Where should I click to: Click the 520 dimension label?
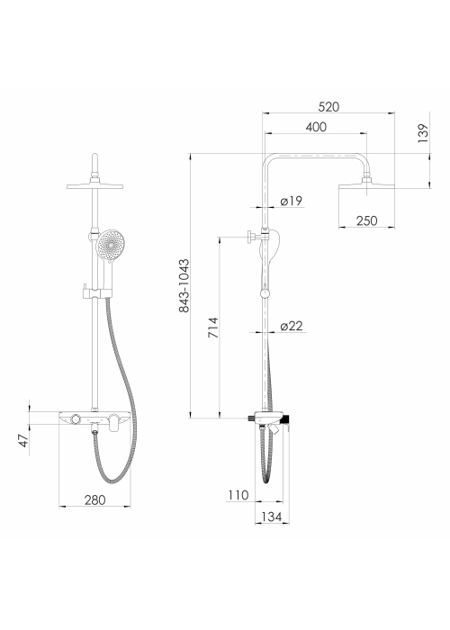(328, 107)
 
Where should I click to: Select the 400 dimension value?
(316, 127)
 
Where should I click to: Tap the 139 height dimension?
(423, 133)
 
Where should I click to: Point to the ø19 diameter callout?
(292, 201)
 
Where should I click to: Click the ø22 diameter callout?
(292, 326)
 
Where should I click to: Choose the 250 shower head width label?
(366, 220)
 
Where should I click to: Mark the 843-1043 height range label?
(184, 285)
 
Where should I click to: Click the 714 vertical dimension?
(213, 328)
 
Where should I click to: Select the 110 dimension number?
(238, 495)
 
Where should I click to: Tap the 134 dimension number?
(272, 517)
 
